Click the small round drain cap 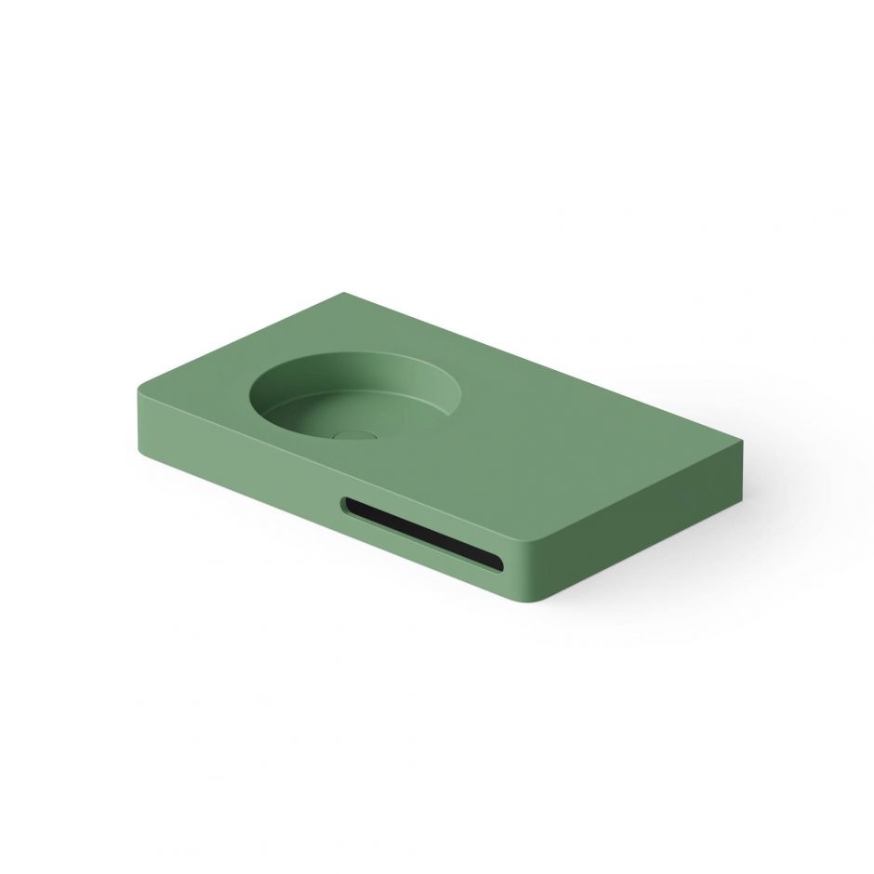pyautogui.click(x=351, y=433)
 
